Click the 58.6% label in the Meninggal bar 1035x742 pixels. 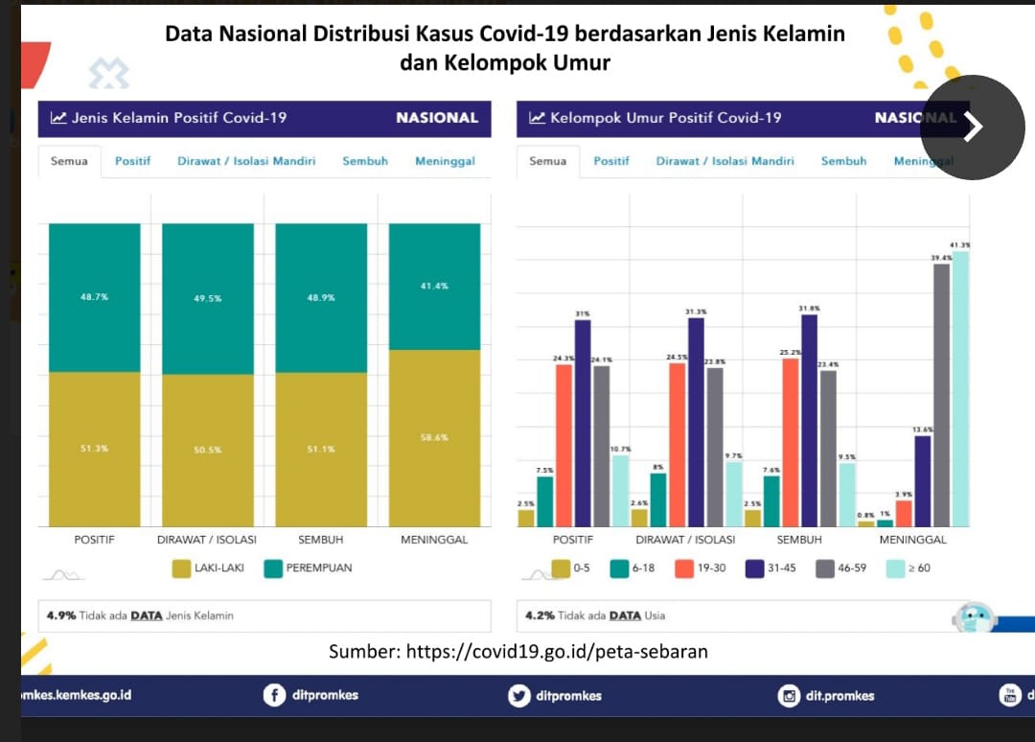[x=434, y=437]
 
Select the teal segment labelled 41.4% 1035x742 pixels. [x=434, y=286]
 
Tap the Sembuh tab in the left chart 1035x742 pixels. [x=365, y=161]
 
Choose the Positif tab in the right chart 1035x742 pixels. [x=611, y=161]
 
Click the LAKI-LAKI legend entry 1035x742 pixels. [x=208, y=568]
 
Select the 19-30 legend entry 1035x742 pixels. [x=700, y=568]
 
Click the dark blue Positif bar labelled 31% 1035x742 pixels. [x=583, y=422]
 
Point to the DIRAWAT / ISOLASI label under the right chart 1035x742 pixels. [x=685, y=540]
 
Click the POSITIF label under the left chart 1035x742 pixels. [x=94, y=540]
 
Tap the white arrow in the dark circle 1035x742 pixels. [x=973, y=127]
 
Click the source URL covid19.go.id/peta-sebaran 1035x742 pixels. [x=557, y=652]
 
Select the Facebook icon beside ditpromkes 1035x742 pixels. [x=274, y=695]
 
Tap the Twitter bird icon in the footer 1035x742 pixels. [x=519, y=695]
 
